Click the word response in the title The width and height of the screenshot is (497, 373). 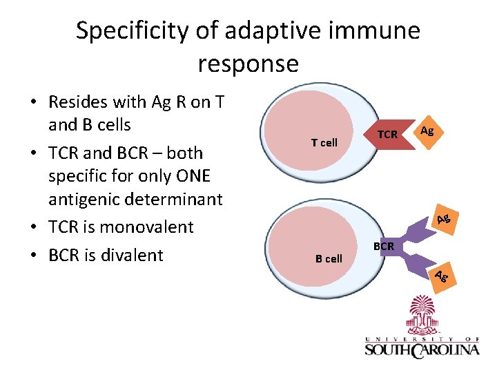click(248, 64)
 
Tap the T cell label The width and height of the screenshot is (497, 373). click(324, 143)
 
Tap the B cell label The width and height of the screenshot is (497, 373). click(329, 259)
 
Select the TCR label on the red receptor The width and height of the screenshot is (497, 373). click(388, 135)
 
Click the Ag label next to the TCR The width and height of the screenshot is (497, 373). click(427, 131)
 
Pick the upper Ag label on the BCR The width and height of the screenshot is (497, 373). click(444, 220)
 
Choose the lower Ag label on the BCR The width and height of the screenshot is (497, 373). click(442, 277)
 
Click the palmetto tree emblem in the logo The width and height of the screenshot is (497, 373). click(422, 318)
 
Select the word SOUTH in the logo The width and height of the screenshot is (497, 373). click(388, 350)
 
